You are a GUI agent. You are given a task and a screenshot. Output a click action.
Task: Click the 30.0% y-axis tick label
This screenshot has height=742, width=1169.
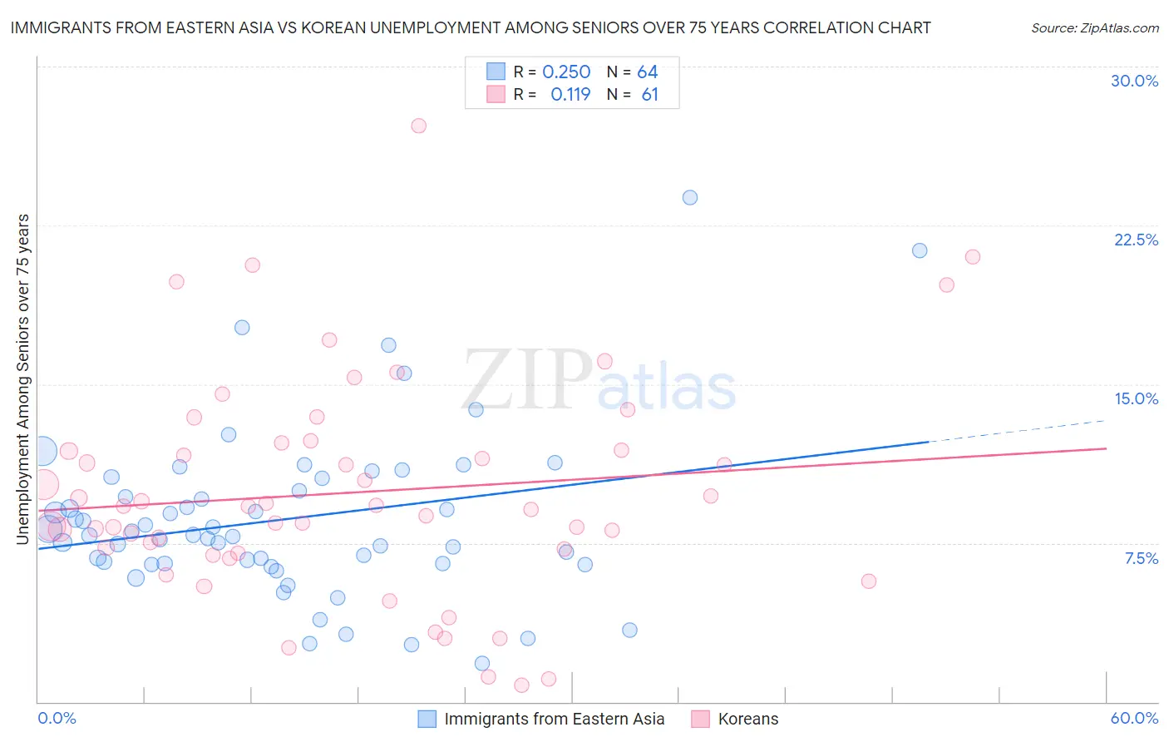(1134, 81)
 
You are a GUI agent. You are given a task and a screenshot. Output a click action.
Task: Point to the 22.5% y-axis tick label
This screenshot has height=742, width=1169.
(1136, 240)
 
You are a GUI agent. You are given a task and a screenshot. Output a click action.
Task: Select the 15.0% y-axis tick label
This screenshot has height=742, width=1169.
(1136, 398)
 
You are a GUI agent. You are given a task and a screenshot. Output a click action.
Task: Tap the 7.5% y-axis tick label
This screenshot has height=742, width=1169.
(1141, 558)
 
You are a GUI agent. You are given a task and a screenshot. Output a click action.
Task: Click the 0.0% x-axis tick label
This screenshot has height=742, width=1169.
(57, 718)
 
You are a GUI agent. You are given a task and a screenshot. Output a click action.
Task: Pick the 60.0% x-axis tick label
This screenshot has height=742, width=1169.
(1134, 718)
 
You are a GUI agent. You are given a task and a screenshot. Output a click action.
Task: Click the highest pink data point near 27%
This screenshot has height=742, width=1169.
(418, 126)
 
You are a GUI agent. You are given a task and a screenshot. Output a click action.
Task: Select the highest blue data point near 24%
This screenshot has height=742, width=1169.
(690, 197)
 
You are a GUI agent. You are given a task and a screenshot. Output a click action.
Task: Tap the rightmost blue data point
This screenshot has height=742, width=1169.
(920, 250)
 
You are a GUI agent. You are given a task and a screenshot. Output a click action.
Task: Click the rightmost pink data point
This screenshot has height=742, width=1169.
(973, 257)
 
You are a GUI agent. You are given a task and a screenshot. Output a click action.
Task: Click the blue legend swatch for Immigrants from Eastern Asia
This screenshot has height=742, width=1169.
(427, 719)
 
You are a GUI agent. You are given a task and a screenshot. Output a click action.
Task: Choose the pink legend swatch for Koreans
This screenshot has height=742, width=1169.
(701, 719)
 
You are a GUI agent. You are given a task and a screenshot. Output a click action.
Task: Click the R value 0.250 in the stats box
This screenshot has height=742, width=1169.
(566, 72)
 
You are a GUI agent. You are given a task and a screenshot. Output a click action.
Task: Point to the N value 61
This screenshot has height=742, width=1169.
(649, 95)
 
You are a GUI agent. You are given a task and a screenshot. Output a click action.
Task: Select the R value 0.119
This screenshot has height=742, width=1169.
(570, 95)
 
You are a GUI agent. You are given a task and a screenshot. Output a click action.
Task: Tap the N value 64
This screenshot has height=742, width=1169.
(647, 72)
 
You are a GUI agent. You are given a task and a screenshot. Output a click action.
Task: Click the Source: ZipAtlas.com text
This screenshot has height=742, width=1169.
(1094, 27)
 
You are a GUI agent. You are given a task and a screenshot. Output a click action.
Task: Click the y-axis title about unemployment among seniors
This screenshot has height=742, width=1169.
(22, 379)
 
